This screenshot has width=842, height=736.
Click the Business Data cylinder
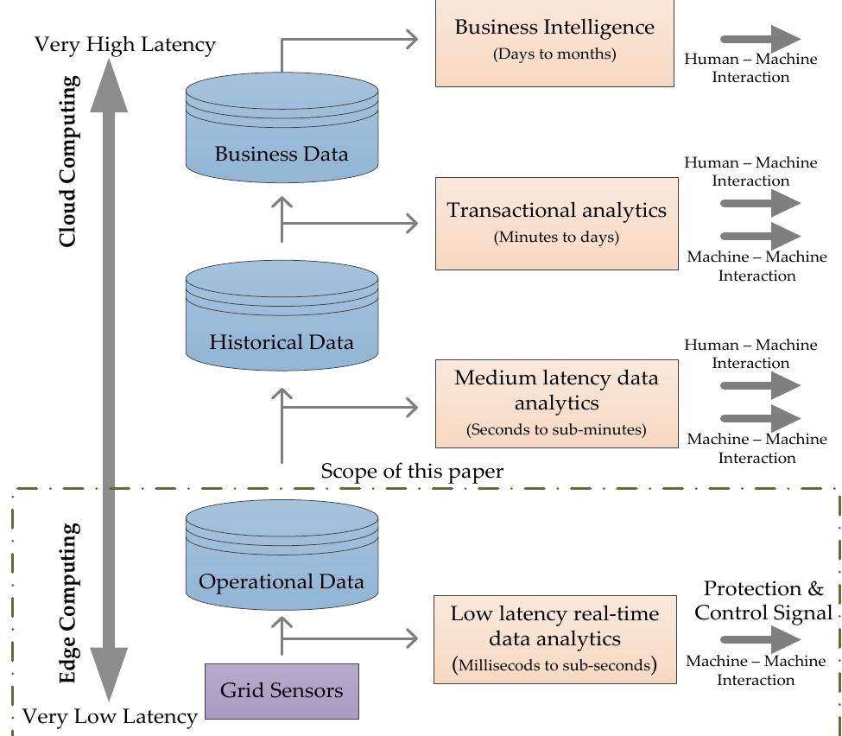click(282, 128)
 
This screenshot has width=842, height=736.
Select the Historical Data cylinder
click(282, 315)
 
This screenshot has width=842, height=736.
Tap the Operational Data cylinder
click(282, 555)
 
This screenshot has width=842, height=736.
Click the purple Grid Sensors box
click(282, 691)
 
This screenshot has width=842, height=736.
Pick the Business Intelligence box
click(554, 42)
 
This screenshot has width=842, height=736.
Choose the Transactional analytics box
click(557, 224)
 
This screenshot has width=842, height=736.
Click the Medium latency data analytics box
click(557, 403)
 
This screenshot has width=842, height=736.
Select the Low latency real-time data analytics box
click(555, 639)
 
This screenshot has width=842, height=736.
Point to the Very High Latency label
click(125, 45)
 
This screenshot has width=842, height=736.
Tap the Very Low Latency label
click(110, 717)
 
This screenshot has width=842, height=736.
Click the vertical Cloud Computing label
click(69, 162)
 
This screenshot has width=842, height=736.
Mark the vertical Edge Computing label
click(69, 603)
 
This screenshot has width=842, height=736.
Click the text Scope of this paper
click(412, 472)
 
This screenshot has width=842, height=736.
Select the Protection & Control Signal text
click(763, 600)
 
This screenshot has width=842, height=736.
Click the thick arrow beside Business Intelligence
click(760, 39)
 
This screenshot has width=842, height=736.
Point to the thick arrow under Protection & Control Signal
click(760, 639)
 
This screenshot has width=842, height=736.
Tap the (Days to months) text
click(554, 54)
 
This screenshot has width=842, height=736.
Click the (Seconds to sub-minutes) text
click(556, 430)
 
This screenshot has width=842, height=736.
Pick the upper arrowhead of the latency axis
click(109, 86)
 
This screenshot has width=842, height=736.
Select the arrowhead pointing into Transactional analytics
click(412, 224)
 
